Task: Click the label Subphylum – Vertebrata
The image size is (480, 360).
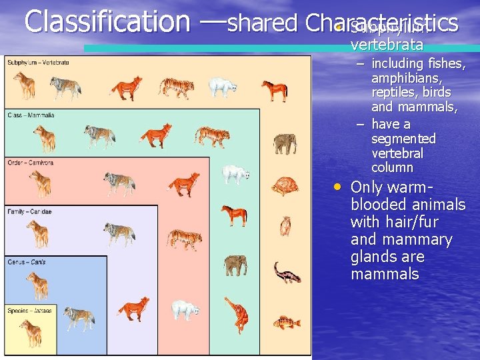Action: point(38,63)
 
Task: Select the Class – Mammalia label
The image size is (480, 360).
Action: point(31,115)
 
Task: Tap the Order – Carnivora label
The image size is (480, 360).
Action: point(31,163)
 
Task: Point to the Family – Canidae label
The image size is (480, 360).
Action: point(29,211)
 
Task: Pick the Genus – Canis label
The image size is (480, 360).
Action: point(27,262)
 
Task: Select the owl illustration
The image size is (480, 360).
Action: point(285,226)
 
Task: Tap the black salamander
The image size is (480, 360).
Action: point(287,273)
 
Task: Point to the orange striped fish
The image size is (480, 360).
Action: point(286,323)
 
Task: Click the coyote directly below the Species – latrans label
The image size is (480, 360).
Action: point(31,332)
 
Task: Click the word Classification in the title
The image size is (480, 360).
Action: point(107,21)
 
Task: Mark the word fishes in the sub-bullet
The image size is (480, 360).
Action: point(446,64)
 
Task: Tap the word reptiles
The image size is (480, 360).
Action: point(393,93)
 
